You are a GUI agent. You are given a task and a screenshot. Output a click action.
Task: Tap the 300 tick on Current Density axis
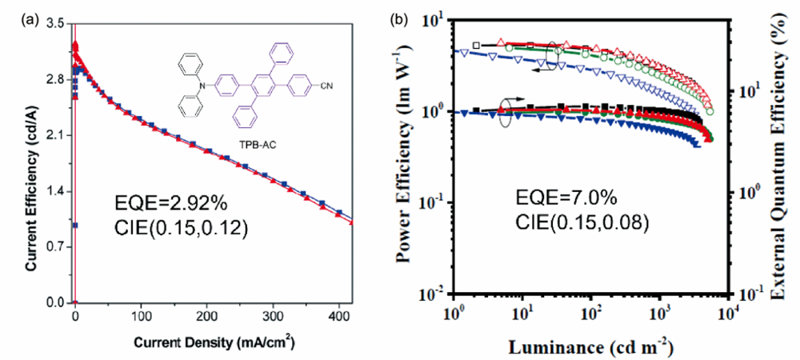click(274, 313)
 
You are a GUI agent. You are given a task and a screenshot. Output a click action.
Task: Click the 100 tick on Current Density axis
click(141, 313)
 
